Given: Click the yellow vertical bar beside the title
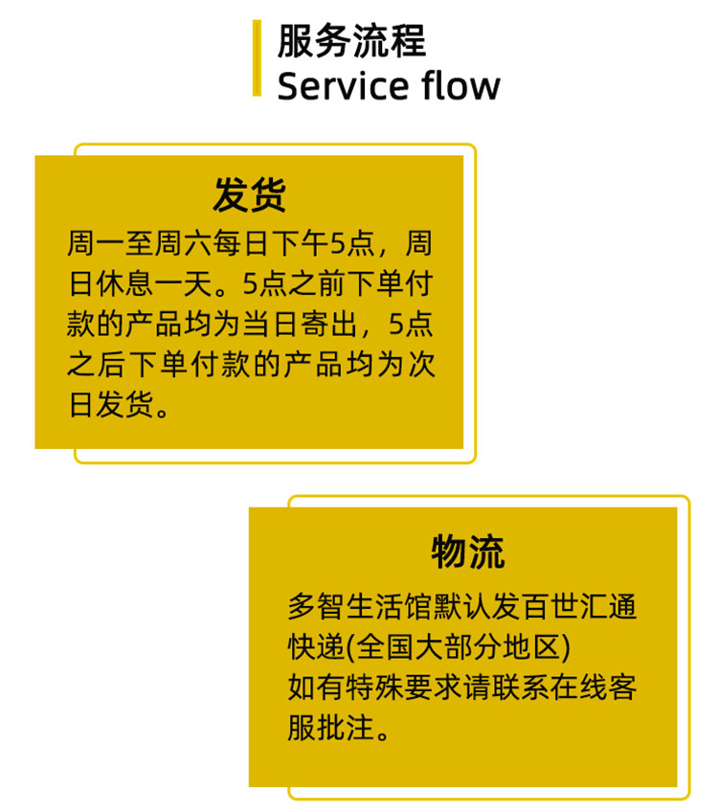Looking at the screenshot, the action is pos(257,58).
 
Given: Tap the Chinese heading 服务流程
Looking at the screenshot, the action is pos(351,41).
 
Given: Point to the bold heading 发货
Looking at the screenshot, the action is pos(249,195).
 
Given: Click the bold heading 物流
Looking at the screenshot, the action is pos(467,551).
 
